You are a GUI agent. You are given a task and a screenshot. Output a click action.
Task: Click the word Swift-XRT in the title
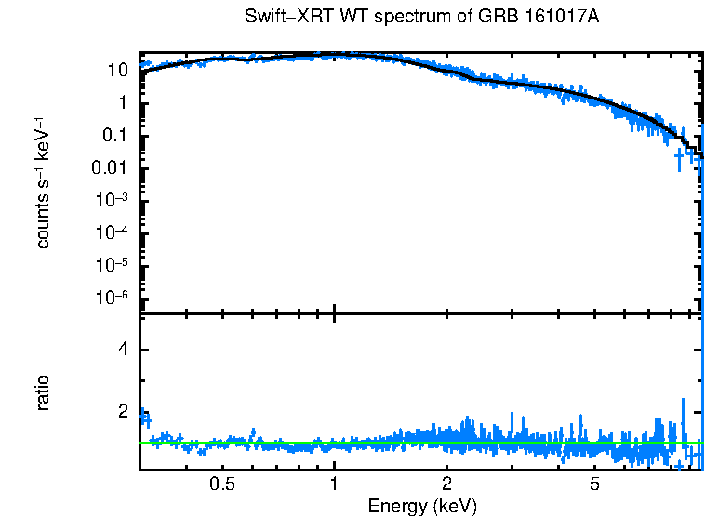(x=280, y=18)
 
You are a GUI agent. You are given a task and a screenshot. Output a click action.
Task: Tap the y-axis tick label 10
(x=117, y=71)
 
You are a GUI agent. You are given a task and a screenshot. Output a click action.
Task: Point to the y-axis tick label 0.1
(x=114, y=136)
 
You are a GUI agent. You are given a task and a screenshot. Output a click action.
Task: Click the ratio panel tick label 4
(x=121, y=351)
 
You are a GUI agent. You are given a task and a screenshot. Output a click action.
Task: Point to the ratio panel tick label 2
(x=121, y=411)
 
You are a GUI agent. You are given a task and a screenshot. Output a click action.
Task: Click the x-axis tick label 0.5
(x=222, y=484)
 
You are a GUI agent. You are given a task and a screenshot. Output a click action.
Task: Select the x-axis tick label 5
(x=594, y=484)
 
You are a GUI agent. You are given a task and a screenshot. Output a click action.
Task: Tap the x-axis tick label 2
(x=446, y=484)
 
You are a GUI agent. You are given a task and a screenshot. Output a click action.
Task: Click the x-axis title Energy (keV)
(x=422, y=506)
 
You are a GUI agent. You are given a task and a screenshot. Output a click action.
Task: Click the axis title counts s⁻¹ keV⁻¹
(x=43, y=184)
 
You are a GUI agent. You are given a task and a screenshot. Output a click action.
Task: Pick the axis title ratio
(x=43, y=392)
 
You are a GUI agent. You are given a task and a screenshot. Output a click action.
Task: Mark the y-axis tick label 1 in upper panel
(x=122, y=103)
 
